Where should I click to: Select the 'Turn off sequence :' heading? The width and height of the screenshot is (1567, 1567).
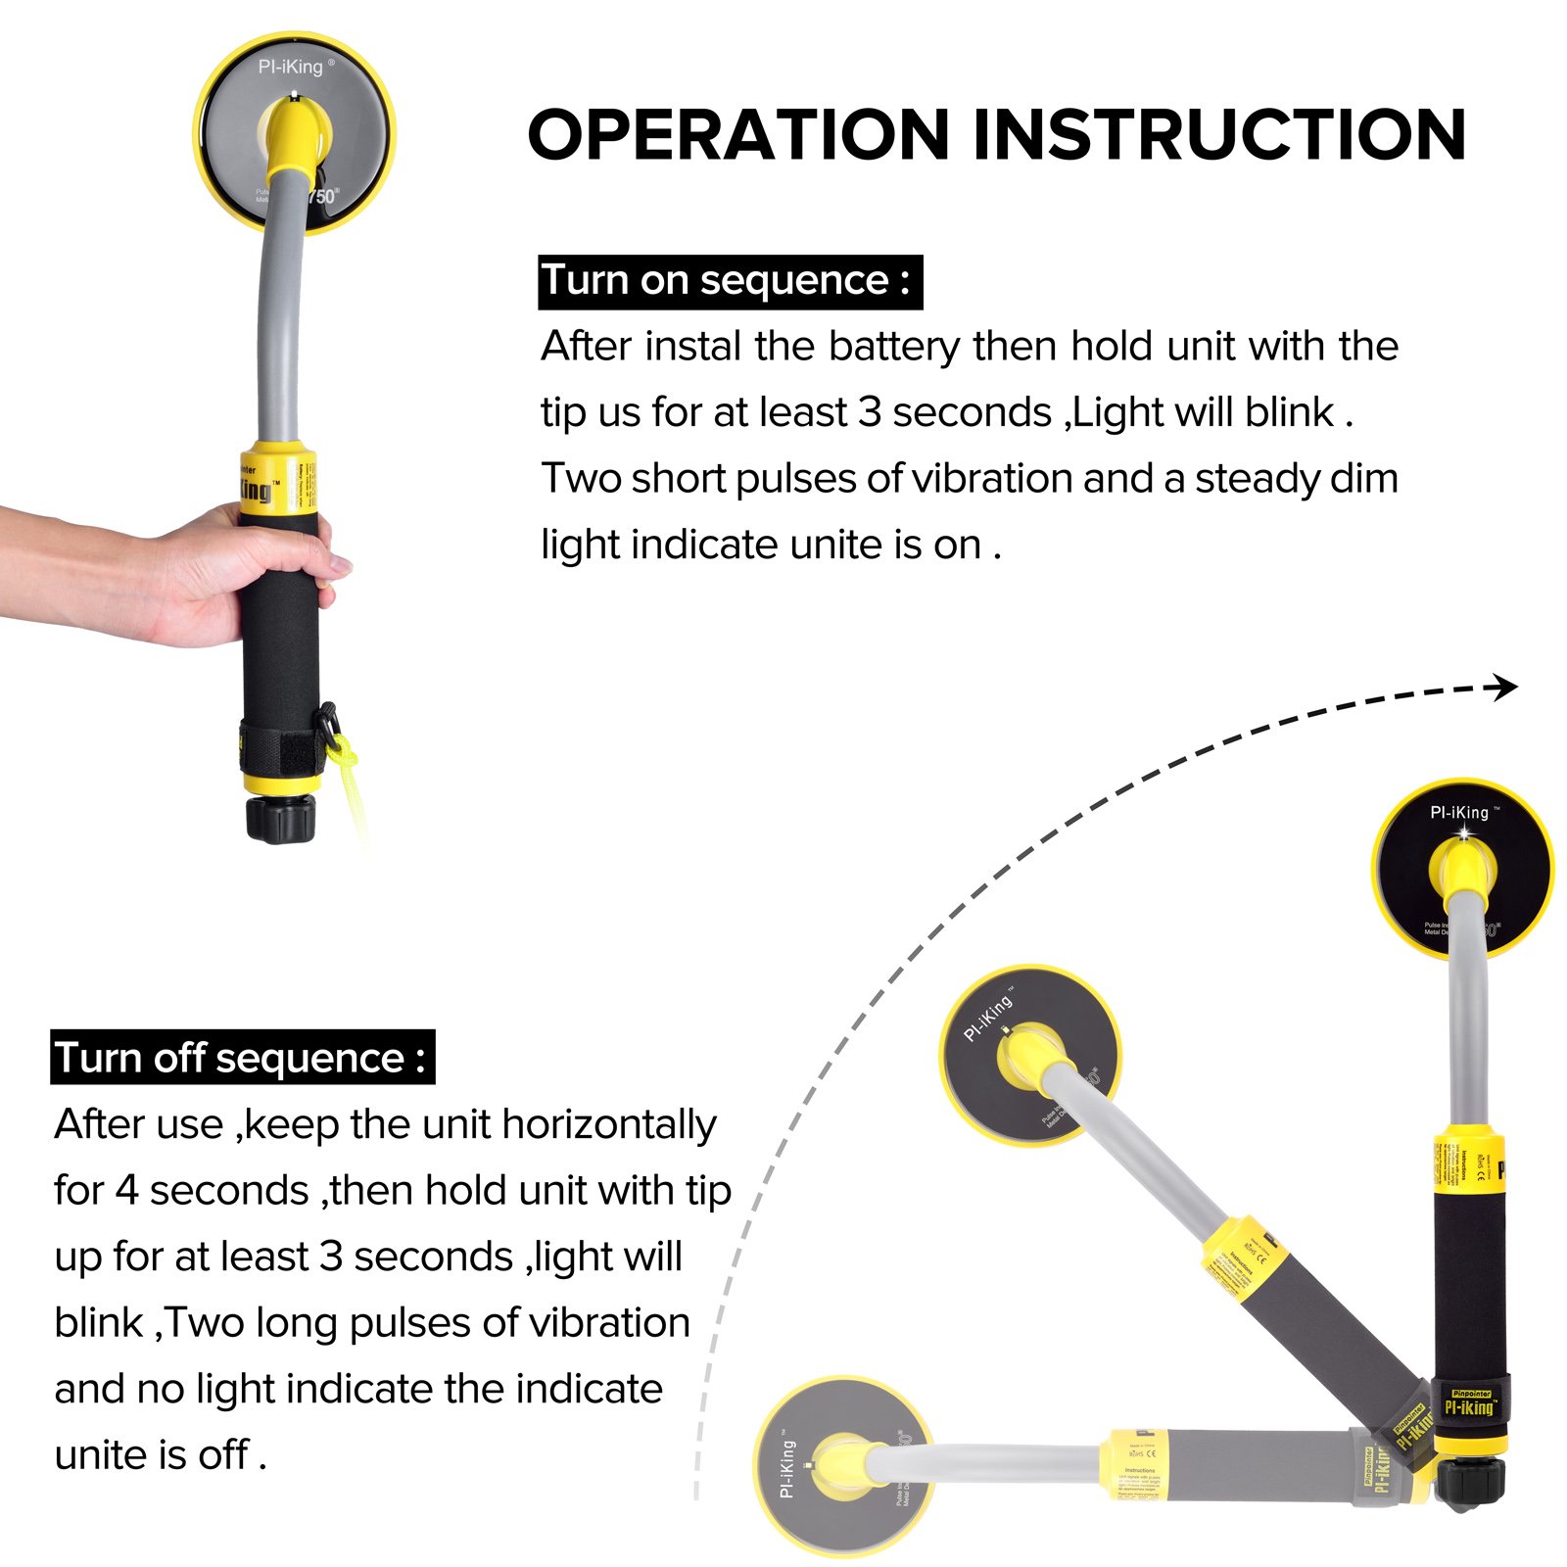[241, 1058]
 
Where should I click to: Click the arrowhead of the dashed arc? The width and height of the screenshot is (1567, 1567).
[1505, 688]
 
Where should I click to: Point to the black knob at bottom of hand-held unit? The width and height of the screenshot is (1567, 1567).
[280, 819]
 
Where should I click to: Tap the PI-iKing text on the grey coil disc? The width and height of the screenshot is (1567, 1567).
[291, 67]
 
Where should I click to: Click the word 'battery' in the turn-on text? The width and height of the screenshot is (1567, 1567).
[893, 347]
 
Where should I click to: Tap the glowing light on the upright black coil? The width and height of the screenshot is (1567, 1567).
[1464, 833]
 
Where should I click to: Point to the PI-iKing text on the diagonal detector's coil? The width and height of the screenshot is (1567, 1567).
[987, 1019]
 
